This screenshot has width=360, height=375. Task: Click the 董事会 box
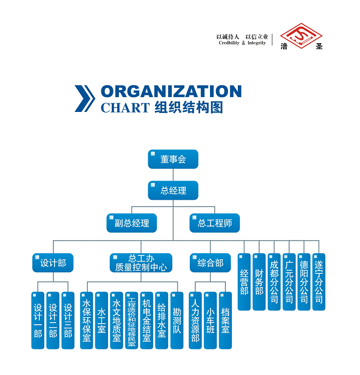coord(173,159)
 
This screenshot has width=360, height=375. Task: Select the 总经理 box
coord(173,191)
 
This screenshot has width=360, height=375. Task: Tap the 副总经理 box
coord(131,223)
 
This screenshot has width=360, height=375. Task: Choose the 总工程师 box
coord(214,223)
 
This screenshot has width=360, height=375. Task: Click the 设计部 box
coord(53,263)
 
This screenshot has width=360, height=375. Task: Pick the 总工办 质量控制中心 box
coord(141,263)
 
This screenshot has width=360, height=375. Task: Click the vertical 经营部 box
coord(244,282)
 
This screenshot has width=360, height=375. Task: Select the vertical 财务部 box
coord(259,282)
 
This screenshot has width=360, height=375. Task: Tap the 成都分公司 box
coord(274,282)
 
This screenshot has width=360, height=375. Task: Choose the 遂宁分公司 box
coord(319,282)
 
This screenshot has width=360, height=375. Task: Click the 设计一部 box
coord(38,320)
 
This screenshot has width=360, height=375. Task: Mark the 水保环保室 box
coord(86,320)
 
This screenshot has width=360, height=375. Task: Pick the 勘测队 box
coord(177,320)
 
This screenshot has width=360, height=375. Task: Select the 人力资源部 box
coord(195,320)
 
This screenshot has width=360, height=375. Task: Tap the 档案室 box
coord(225,320)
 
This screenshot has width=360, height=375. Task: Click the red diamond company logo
coord(302,35)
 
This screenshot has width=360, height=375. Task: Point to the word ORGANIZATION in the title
coord(171,91)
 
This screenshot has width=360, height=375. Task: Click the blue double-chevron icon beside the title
coord(85,99)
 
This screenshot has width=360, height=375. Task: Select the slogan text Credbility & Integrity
coord(242,43)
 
